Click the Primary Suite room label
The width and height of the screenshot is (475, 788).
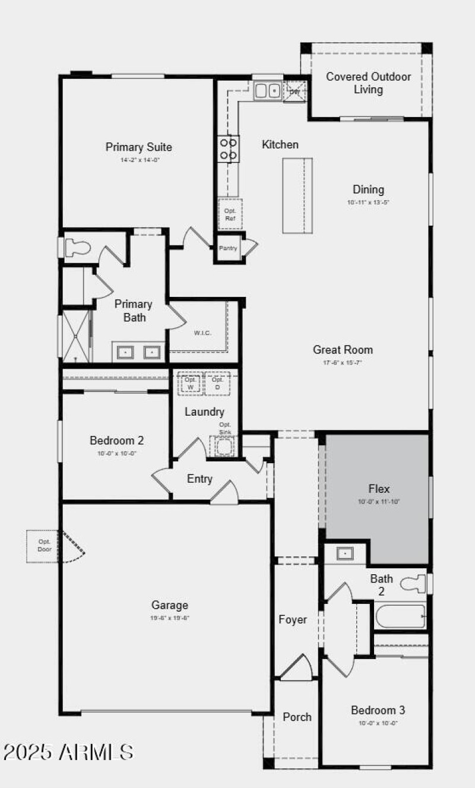tap(139, 147)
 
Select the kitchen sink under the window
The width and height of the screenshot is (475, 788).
tap(267, 90)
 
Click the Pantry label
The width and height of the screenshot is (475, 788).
tap(228, 248)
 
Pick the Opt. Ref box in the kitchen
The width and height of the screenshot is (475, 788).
tap(230, 214)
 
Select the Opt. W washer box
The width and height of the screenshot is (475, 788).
tap(191, 383)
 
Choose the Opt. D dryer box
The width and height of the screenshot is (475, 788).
tap(217, 383)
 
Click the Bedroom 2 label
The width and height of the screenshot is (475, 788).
tap(116, 441)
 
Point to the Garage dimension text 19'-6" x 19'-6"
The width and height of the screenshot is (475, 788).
tap(170, 618)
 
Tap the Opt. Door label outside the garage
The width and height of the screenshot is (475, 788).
tap(44, 545)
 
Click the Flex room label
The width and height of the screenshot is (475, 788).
tap(379, 489)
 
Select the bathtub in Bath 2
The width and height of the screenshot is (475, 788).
tap(400, 616)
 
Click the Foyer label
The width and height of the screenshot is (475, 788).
tap(293, 619)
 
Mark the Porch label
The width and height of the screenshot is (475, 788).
tap(297, 717)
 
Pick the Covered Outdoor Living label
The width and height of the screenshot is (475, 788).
tap(368, 83)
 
